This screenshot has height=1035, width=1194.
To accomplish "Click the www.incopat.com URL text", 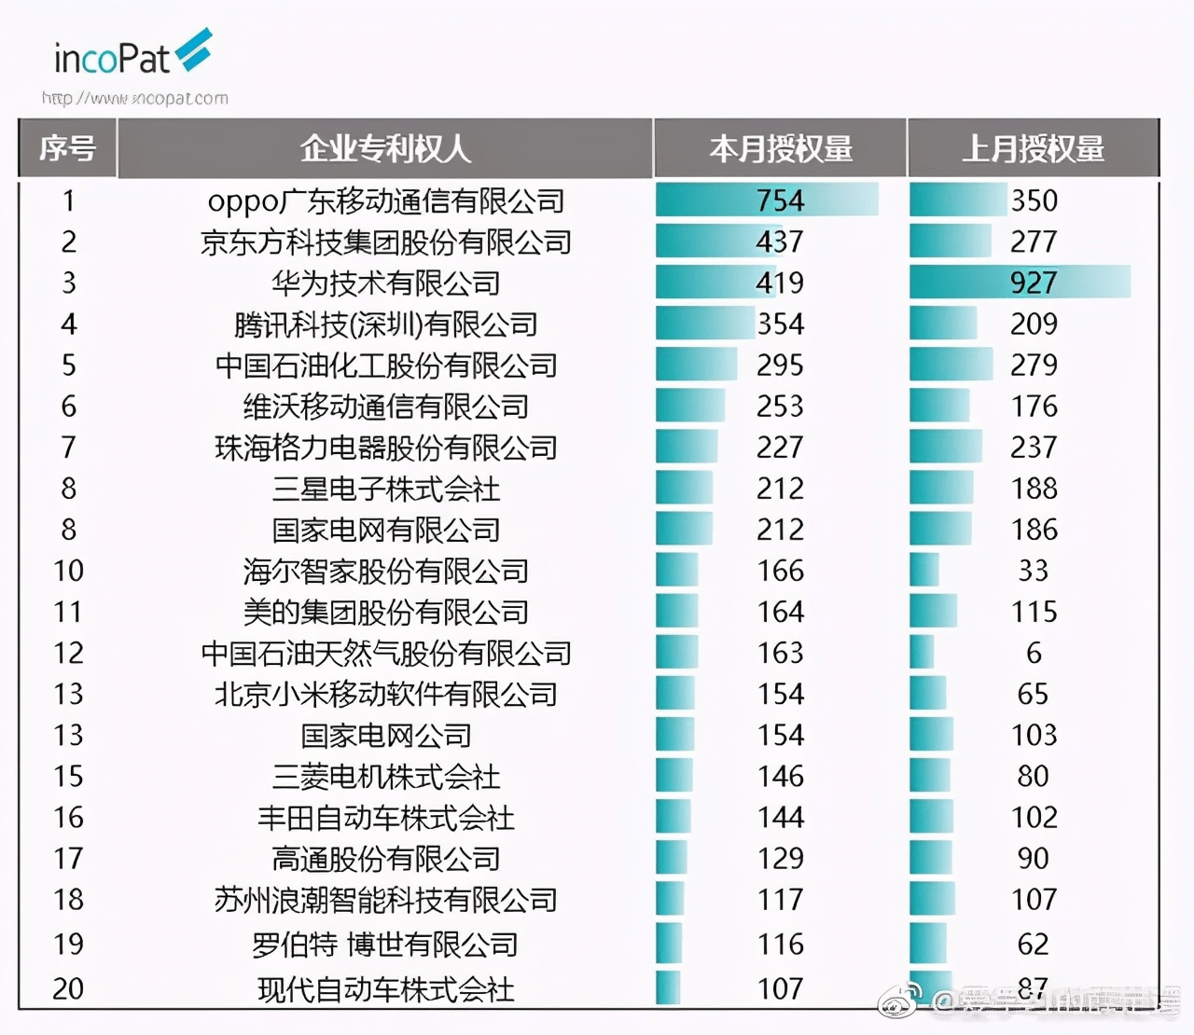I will pyautogui.click(x=135, y=98).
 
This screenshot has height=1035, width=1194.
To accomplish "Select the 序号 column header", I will pyautogui.click(x=67, y=148).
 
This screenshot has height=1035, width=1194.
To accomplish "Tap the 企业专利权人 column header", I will pyautogui.click(x=384, y=148).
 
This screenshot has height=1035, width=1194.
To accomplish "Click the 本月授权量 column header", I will pyautogui.click(x=780, y=148).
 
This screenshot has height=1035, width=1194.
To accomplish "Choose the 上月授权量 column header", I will pyautogui.click(x=1033, y=148).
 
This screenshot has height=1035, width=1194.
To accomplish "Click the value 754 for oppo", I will pyautogui.click(x=780, y=200).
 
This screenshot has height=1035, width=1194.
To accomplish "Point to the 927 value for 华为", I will pyautogui.click(x=1033, y=283).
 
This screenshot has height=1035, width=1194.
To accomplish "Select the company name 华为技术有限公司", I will pyautogui.click(x=385, y=283).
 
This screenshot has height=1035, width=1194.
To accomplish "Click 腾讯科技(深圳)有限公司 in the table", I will pyautogui.click(x=385, y=324).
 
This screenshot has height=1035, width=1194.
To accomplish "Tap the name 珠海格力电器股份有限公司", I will pyautogui.click(x=385, y=448).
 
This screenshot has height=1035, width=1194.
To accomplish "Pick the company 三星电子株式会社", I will pyautogui.click(x=385, y=489).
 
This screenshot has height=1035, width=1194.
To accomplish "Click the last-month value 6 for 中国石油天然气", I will pyautogui.click(x=1034, y=653).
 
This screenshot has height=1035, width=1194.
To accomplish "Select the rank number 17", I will pyautogui.click(x=68, y=858).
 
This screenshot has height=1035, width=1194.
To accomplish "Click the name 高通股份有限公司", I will pyautogui.click(x=385, y=858).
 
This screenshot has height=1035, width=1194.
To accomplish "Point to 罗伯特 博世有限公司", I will pyautogui.click(x=385, y=944).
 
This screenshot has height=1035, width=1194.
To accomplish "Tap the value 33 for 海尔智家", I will pyautogui.click(x=1033, y=570).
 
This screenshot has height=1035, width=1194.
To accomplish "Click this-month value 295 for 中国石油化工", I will pyautogui.click(x=780, y=365).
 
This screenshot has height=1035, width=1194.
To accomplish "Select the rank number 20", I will pyautogui.click(x=68, y=987).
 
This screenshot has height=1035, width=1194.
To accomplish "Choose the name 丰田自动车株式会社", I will pyautogui.click(x=385, y=817).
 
